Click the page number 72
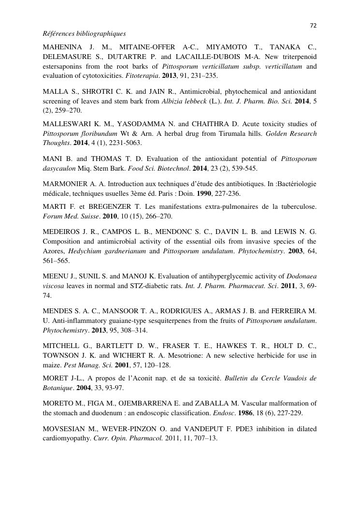click(x=313, y=26)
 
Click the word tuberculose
click(x=296, y=207)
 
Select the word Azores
click(x=54, y=251)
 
